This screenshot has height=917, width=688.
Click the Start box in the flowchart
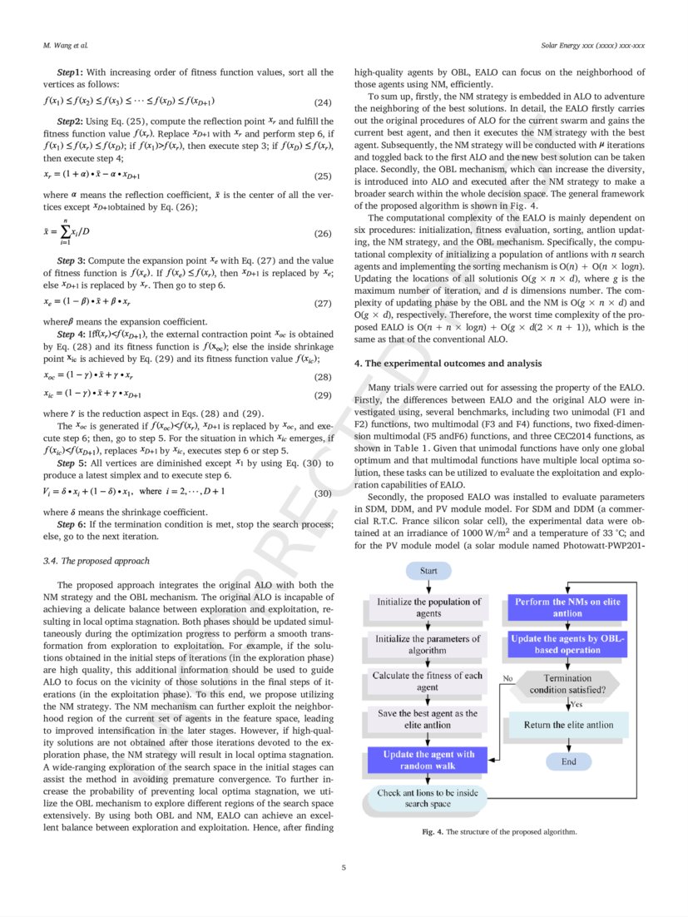click(x=428, y=572)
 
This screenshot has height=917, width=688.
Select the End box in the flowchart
click(x=568, y=761)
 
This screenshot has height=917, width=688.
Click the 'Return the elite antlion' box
click(x=567, y=725)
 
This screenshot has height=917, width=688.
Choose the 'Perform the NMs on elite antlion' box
click(x=567, y=607)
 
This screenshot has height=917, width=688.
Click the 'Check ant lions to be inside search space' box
click(x=428, y=798)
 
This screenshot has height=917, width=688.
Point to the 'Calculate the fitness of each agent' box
click(x=428, y=682)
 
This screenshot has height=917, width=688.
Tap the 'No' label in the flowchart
click(x=507, y=679)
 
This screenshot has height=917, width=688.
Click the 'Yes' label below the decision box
click(x=576, y=705)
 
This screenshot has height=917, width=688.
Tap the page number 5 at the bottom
click(x=344, y=867)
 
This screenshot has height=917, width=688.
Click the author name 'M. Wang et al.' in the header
click(x=66, y=43)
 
